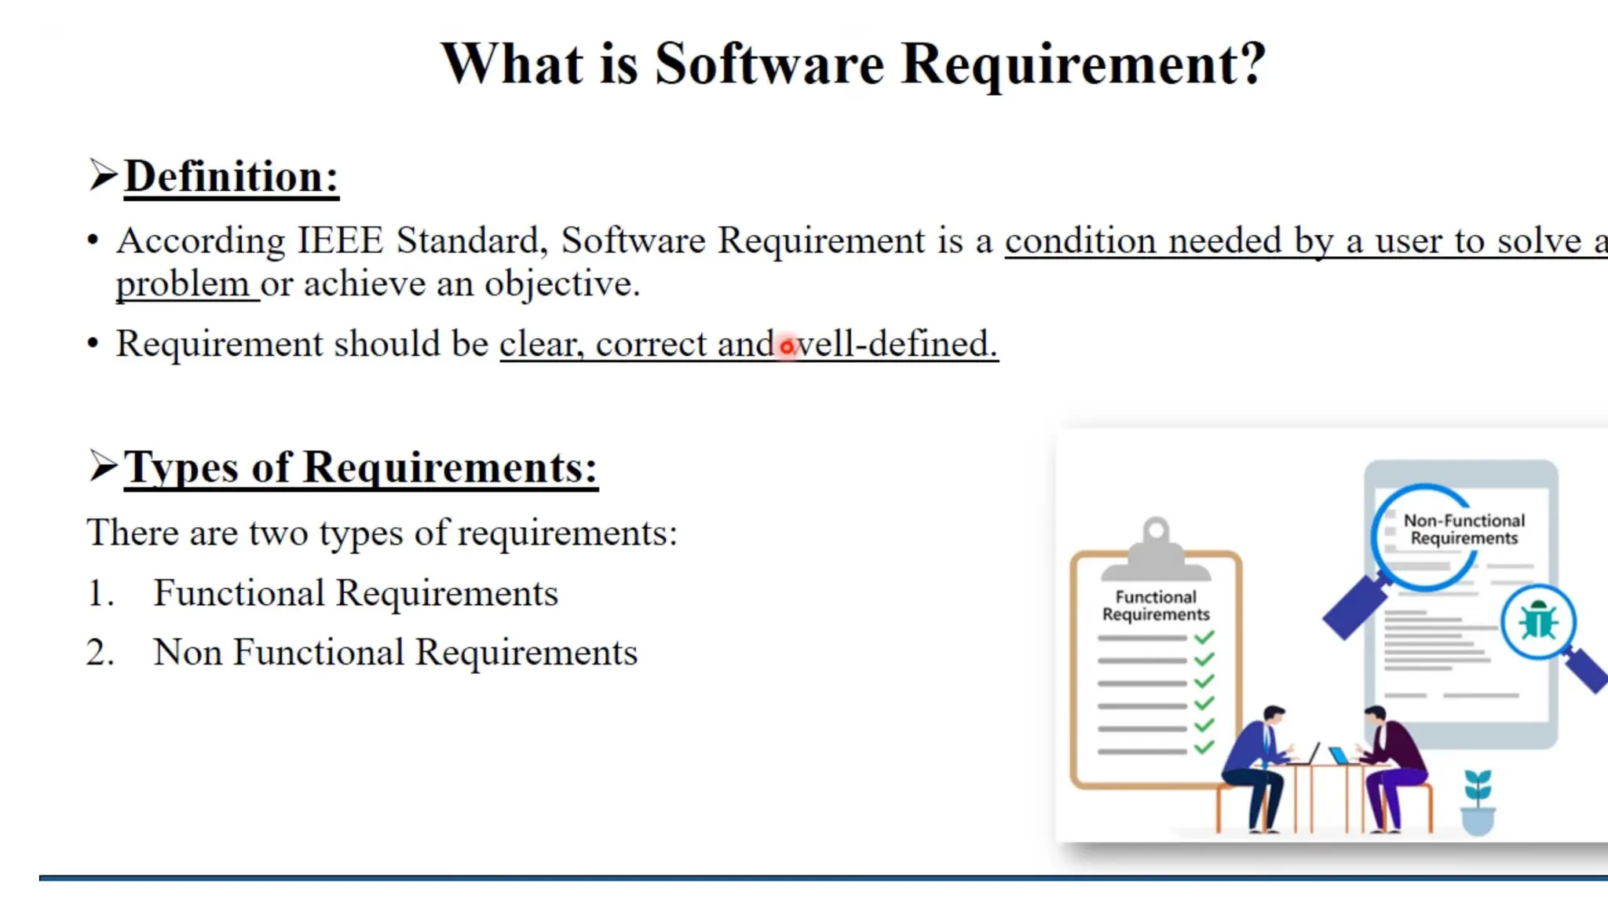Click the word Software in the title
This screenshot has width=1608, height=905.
[x=769, y=64]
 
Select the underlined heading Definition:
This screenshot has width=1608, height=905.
[x=231, y=176]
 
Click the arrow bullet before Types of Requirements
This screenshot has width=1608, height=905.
[x=103, y=466]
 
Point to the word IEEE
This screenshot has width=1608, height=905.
[x=340, y=240]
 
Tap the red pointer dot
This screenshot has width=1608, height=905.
[x=787, y=346]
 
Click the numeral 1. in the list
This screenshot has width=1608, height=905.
[x=100, y=593]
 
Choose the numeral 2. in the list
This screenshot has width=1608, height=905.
[x=100, y=653]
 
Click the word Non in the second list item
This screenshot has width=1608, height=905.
[x=188, y=653]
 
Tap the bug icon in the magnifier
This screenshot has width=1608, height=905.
[x=1538, y=622]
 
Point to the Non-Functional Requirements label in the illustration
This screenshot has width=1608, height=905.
[x=1464, y=529]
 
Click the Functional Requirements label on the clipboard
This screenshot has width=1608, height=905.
[x=1156, y=606]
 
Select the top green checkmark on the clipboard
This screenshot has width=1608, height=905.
[x=1204, y=637]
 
